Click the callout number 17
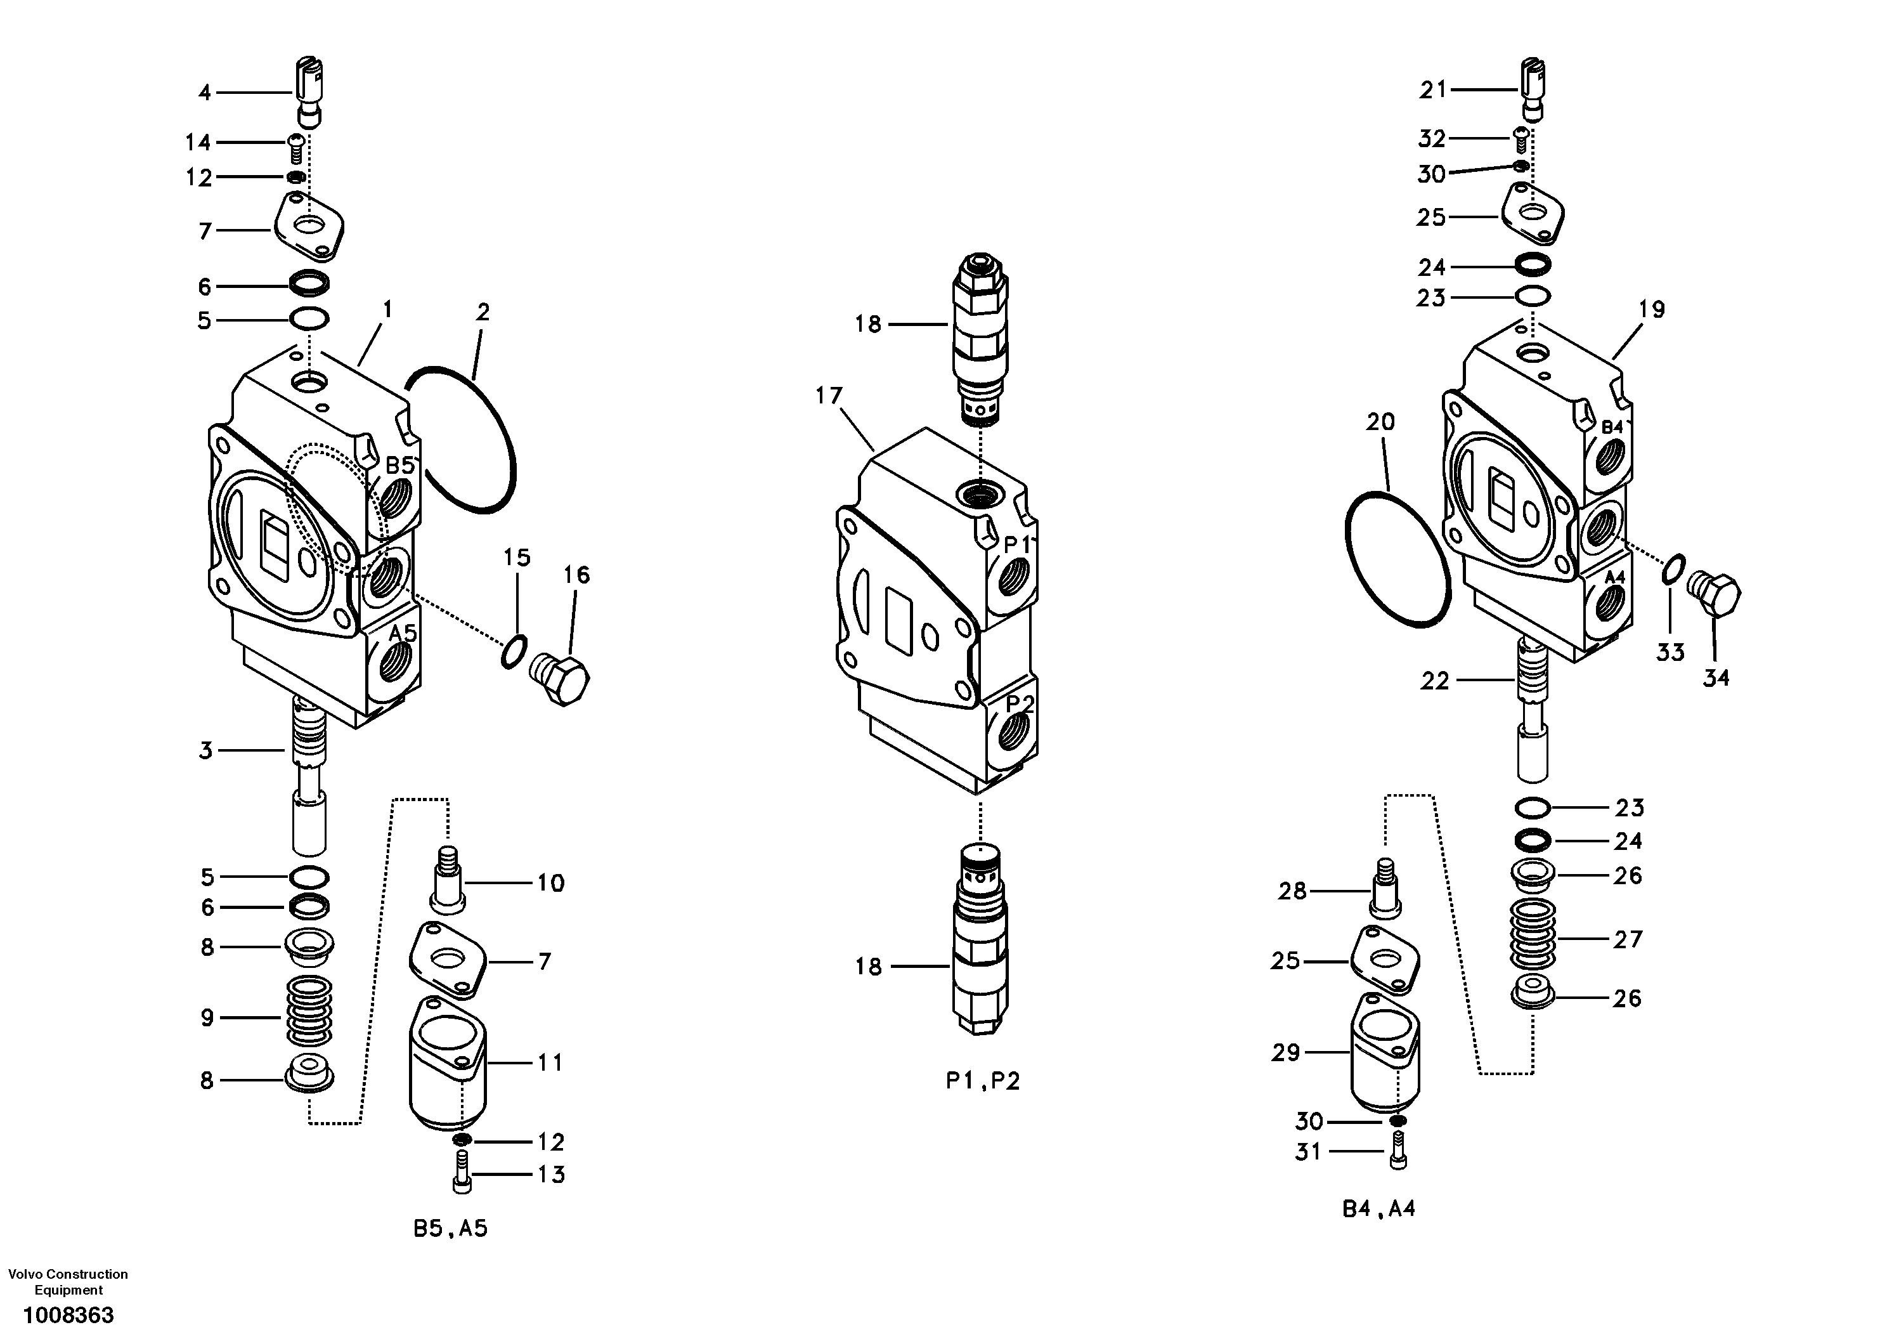pos(829,396)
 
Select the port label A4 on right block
pos(1614,577)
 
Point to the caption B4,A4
pos(1378,1209)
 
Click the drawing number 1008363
pos(68,1314)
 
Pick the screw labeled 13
pos(461,1172)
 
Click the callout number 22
pos(1435,681)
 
